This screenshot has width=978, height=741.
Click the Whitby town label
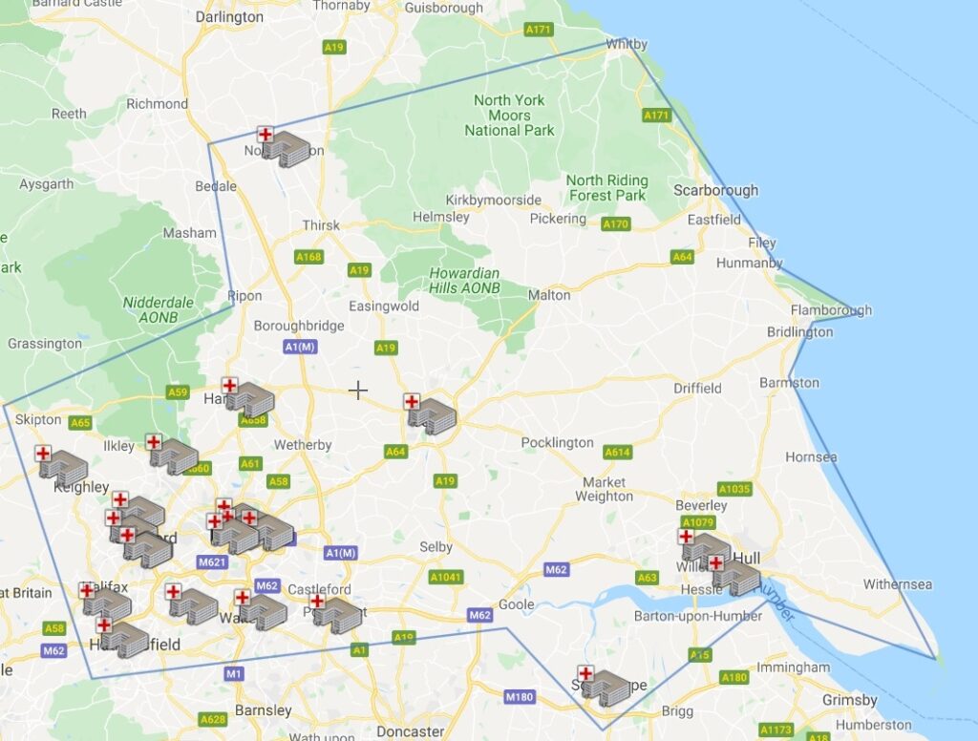627,44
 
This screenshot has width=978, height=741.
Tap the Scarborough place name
715,190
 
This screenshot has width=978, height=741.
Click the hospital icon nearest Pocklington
431,413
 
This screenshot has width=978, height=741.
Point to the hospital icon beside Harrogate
247,397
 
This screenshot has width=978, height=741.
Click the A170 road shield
616,224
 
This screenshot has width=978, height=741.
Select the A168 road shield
308,257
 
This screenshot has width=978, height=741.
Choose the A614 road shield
618,452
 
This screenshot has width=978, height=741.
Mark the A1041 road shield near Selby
445,577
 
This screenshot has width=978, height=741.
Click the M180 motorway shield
520,696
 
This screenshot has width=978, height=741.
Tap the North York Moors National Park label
510,115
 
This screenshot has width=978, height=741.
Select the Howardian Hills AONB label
465,280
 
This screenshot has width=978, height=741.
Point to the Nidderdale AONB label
158,309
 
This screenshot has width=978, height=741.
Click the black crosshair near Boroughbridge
358,390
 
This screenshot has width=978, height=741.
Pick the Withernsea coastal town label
897,584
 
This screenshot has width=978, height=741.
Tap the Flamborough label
831,310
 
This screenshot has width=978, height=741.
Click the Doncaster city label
411,731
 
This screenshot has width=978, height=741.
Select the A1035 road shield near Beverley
734,489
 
